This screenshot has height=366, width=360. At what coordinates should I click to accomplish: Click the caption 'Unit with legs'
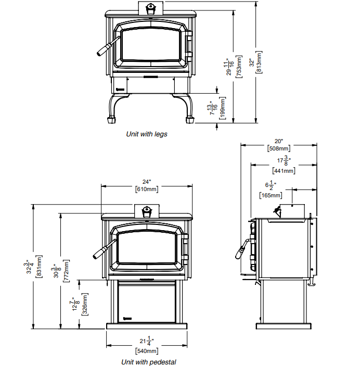point(147,134)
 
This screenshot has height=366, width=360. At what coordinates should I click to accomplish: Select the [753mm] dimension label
point(239,66)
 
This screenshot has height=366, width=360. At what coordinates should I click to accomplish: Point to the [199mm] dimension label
point(222,109)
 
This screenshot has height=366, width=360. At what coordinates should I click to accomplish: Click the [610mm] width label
point(147,190)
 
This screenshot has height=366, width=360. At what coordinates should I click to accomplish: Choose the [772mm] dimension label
point(66,271)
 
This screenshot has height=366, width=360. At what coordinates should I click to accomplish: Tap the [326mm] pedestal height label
point(85,304)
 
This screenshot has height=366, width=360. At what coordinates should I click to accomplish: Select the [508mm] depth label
point(278,149)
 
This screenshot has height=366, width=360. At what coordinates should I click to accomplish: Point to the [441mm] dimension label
point(284,170)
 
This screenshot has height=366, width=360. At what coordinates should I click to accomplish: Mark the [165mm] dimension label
point(271,196)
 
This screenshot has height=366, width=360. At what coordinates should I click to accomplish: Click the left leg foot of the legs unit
point(111,120)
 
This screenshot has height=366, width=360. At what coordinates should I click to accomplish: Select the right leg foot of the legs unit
point(190,120)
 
